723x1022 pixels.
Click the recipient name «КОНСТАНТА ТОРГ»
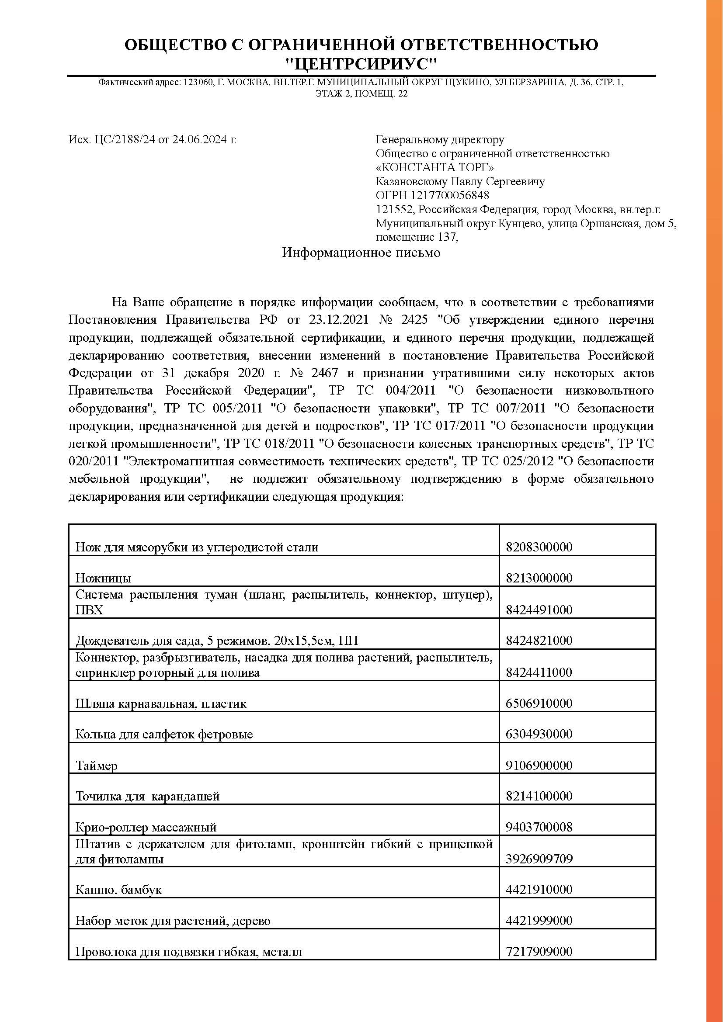pyautogui.click(x=434, y=167)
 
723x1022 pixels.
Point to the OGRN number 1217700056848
pyautogui.click(x=450, y=195)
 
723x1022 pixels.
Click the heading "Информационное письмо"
pyautogui.click(x=361, y=253)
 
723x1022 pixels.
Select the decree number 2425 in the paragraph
pyautogui.click(x=414, y=319)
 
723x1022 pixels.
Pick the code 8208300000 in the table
pyautogui.click(x=539, y=547)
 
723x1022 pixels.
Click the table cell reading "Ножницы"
pyautogui.click(x=103, y=578)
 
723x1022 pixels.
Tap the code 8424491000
pyautogui.click(x=539, y=610)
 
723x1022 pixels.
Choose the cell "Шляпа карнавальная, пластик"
pyautogui.click(x=161, y=703)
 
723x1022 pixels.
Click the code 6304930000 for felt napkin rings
pyautogui.click(x=539, y=734)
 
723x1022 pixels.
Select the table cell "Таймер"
pyautogui.click(x=97, y=766)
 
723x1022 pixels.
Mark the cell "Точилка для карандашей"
pyautogui.click(x=147, y=797)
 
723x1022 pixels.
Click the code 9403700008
pyautogui.click(x=539, y=828)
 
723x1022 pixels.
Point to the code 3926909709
pyautogui.click(x=539, y=859)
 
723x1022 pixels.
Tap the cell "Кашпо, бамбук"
pyautogui.click(x=118, y=890)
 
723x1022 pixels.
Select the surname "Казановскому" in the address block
pyautogui.click(x=411, y=182)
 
